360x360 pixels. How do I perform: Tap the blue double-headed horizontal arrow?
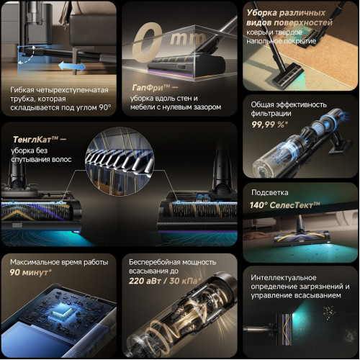[72, 66]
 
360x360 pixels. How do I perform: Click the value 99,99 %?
[269, 125]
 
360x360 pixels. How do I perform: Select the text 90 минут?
[30, 272]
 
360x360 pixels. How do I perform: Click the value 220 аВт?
[145, 281]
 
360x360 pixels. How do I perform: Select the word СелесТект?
[291, 205]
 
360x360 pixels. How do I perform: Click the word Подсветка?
[269, 192]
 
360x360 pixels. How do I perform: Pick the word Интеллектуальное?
[284, 278]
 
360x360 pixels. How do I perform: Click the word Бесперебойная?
[150, 262]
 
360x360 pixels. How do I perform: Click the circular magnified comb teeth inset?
[120, 161]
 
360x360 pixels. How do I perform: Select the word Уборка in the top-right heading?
[262, 12]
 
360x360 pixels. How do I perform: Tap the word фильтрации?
[271, 114]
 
